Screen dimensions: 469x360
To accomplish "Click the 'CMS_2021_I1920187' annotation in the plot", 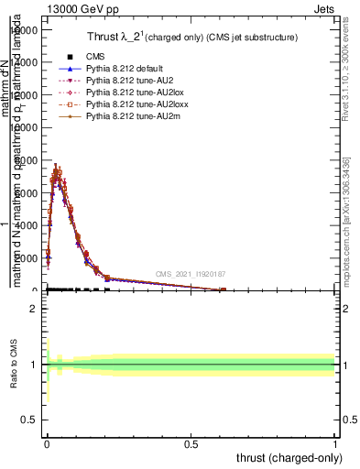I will tap(190, 274).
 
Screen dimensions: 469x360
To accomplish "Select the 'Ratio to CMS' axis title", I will tap(15, 365).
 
